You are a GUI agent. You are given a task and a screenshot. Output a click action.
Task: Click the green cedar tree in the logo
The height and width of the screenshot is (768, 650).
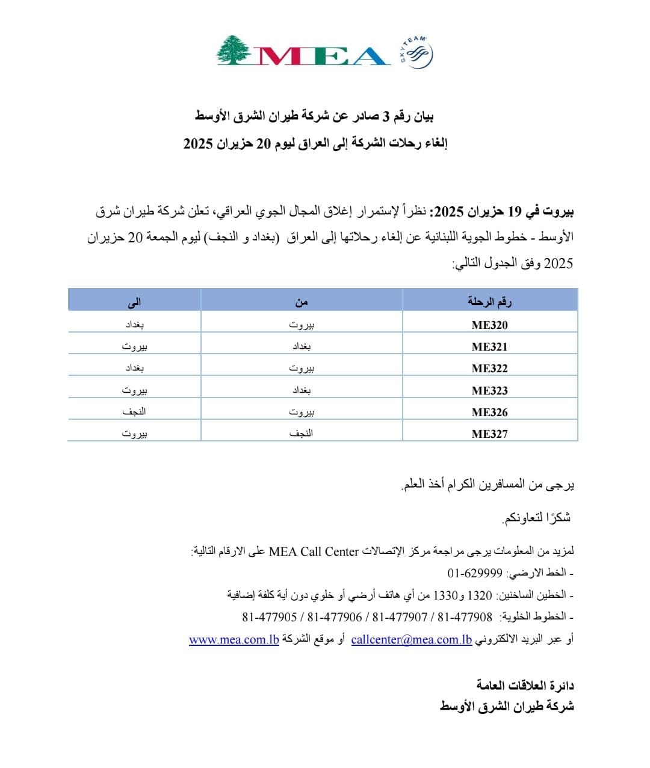(x=235, y=50)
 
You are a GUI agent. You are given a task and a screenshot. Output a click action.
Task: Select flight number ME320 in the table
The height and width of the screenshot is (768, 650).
(x=489, y=325)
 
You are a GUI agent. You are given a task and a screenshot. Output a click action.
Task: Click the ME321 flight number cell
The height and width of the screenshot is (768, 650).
(x=489, y=347)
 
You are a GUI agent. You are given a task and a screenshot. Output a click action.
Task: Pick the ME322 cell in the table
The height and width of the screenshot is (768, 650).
(x=489, y=369)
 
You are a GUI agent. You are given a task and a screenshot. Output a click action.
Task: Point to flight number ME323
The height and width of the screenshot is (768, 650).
(x=489, y=391)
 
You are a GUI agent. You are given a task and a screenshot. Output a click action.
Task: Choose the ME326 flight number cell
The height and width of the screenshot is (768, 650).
(x=489, y=413)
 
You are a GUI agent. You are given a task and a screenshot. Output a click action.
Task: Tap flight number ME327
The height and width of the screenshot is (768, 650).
(x=489, y=434)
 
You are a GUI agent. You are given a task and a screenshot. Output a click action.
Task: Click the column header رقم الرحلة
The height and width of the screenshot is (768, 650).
(x=489, y=301)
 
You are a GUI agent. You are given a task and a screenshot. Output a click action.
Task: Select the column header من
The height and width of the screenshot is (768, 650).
(x=302, y=301)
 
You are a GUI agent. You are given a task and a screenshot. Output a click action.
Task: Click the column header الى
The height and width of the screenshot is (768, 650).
(x=134, y=301)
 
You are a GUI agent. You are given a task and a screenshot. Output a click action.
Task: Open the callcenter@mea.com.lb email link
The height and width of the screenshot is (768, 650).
(x=412, y=639)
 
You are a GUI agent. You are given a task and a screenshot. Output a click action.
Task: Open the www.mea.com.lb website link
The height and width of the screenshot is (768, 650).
(x=234, y=639)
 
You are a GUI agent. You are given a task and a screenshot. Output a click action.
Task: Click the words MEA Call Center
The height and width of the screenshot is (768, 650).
(x=314, y=551)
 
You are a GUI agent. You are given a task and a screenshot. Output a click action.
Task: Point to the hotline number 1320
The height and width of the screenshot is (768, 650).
(x=480, y=595)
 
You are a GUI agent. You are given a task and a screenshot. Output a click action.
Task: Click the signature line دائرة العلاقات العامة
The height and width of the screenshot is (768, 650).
(x=525, y=685)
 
